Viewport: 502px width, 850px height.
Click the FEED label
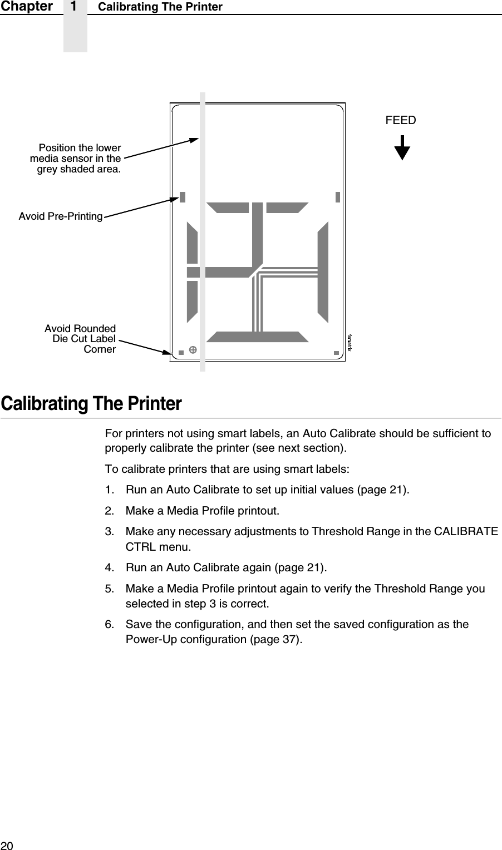[x=401, y=120]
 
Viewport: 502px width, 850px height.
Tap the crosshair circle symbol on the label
[x=193, y=349]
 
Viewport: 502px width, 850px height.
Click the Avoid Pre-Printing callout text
[x=61, y=216]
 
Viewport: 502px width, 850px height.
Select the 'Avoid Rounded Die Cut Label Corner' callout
[x=80, y=339]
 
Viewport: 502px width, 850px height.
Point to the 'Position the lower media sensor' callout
[x=76, y=159]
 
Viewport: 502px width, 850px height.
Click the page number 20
[x=7, y=845]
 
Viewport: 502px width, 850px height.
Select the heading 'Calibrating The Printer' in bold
[x=91, y=404]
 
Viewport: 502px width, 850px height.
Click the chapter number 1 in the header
[x=75, y=7]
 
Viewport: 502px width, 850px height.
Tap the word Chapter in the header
[x=27, y=7]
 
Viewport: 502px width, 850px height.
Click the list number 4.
[x=110, y=567]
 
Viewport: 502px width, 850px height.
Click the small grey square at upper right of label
[x=338, y=197]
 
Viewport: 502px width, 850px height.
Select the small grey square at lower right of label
[x=336, y=353]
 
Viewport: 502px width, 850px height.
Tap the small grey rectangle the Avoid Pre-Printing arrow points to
[x=182, y=197]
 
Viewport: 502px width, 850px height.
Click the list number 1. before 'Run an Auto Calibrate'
[x=110, y=490]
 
